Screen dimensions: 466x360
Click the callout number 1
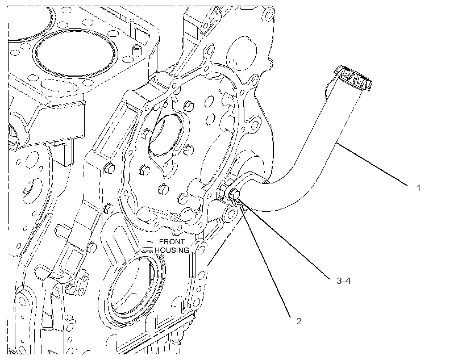(418, 188)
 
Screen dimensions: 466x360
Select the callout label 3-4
(344, 281)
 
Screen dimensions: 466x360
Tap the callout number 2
(299, 321)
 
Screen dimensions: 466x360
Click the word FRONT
(172, 242)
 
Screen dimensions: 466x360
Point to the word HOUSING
(172, 250)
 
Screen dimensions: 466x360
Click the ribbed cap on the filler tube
(353, 78)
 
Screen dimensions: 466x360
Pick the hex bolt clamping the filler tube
(234, 195)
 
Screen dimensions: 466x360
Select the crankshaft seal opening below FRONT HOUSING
(134, 286)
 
